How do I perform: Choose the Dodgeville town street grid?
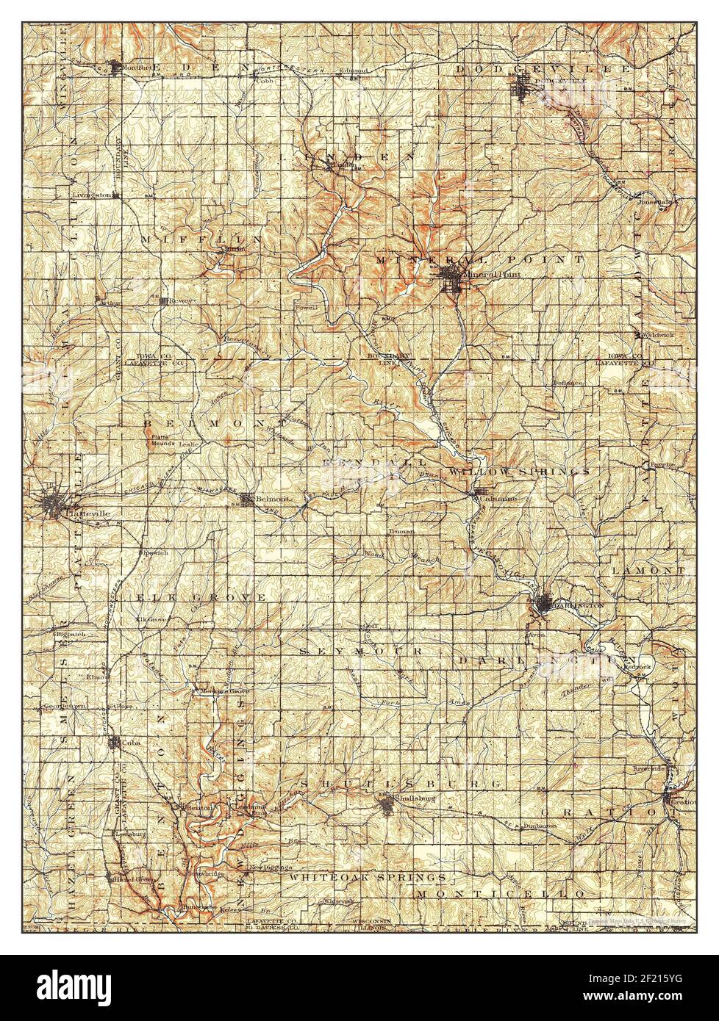click(523, 91)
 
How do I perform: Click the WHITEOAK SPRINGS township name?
click(368, 877)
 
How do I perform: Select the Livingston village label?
click(91, 195)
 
